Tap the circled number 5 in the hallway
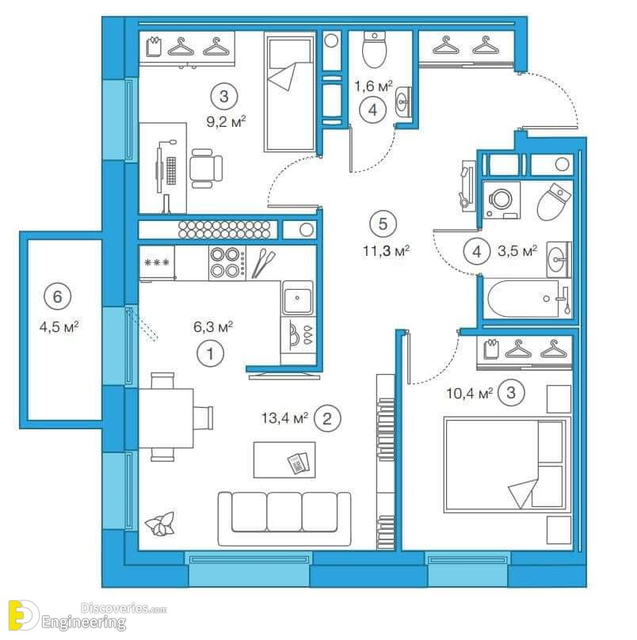383,224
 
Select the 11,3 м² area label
387,250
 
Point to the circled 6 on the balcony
58,296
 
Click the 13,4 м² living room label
284,418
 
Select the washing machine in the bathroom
502,200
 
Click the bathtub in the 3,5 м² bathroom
528,299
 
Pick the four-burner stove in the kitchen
227,262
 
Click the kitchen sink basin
298,299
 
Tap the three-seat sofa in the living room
284,518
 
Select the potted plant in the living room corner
162,524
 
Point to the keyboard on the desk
171,170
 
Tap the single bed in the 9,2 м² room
290,91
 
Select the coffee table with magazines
284,459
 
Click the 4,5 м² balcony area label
59,326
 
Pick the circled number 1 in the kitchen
210,354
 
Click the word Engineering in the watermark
84,623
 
